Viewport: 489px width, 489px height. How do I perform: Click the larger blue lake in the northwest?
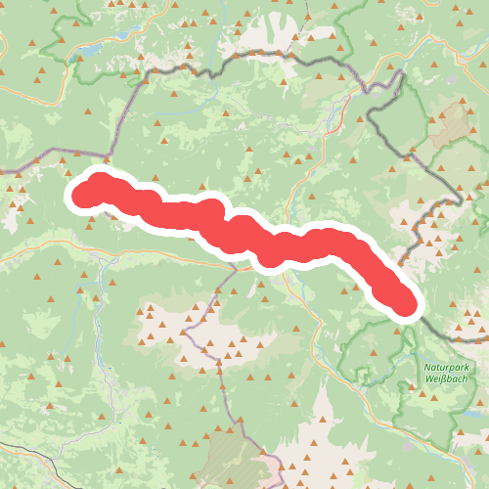coord(90,49)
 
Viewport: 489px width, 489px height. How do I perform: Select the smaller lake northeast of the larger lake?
coord(124,35)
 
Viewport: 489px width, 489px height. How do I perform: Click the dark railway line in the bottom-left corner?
coord(29,452)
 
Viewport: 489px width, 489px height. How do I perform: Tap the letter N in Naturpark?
coord(427,367)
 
